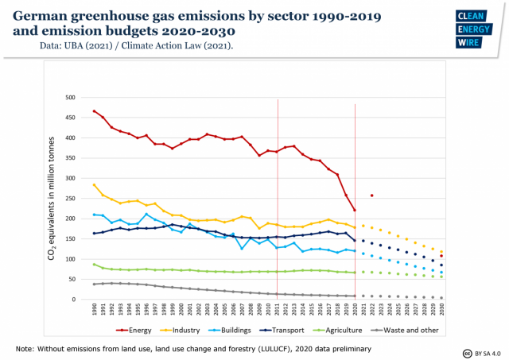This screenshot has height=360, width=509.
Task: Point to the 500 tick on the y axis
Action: click(80, 98)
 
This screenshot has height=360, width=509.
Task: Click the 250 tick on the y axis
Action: click(80, 199)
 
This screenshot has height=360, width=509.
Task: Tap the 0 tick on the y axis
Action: click(84, 300)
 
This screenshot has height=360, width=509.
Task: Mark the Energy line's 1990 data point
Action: click(95, 111)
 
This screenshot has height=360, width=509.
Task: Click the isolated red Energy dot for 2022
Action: click(372, 195)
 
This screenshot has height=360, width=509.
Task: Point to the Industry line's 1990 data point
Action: click(95, 185)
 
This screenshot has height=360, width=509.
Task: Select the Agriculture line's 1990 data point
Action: click(95, 265)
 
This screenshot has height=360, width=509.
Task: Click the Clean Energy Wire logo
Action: click(475, 30)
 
